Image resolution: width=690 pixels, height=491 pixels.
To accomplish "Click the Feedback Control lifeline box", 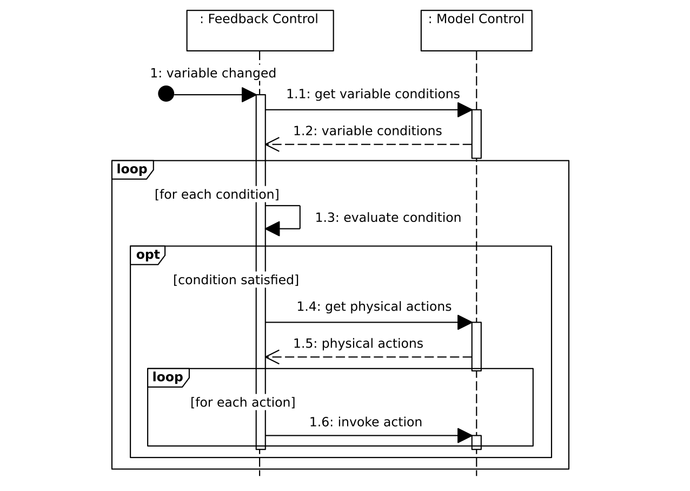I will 260,30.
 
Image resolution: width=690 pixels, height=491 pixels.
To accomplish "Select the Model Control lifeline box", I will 476,30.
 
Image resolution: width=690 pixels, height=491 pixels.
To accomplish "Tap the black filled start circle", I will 166,94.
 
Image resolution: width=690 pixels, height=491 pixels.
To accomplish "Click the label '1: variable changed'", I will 213,73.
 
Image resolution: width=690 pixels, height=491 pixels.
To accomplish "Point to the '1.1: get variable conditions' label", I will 373,94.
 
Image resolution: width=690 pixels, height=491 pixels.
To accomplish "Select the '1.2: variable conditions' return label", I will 367,131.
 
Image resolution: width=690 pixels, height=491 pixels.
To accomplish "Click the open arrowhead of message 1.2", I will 272,145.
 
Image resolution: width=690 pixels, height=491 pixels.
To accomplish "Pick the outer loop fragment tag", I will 132,169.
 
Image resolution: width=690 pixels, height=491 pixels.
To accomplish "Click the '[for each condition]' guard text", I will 217,194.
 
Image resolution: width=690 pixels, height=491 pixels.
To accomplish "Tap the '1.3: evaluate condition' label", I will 388,218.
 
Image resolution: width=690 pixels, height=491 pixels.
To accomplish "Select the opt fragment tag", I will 148,255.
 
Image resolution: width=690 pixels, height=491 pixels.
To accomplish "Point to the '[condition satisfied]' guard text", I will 236,280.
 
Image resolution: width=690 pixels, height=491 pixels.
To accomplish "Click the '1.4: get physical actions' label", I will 374,306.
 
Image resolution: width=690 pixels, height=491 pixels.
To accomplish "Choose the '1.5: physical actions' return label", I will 358,344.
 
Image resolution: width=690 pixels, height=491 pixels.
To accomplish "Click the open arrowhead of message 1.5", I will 272,357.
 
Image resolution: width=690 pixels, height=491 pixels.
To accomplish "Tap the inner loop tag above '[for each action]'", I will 168,377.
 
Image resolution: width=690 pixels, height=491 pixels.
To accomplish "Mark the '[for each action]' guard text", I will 243,402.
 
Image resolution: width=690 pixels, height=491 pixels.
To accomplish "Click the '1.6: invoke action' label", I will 366,422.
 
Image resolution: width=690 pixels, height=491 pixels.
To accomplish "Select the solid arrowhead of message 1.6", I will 465,435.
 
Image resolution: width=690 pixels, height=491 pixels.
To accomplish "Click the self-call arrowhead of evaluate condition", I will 273,228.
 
